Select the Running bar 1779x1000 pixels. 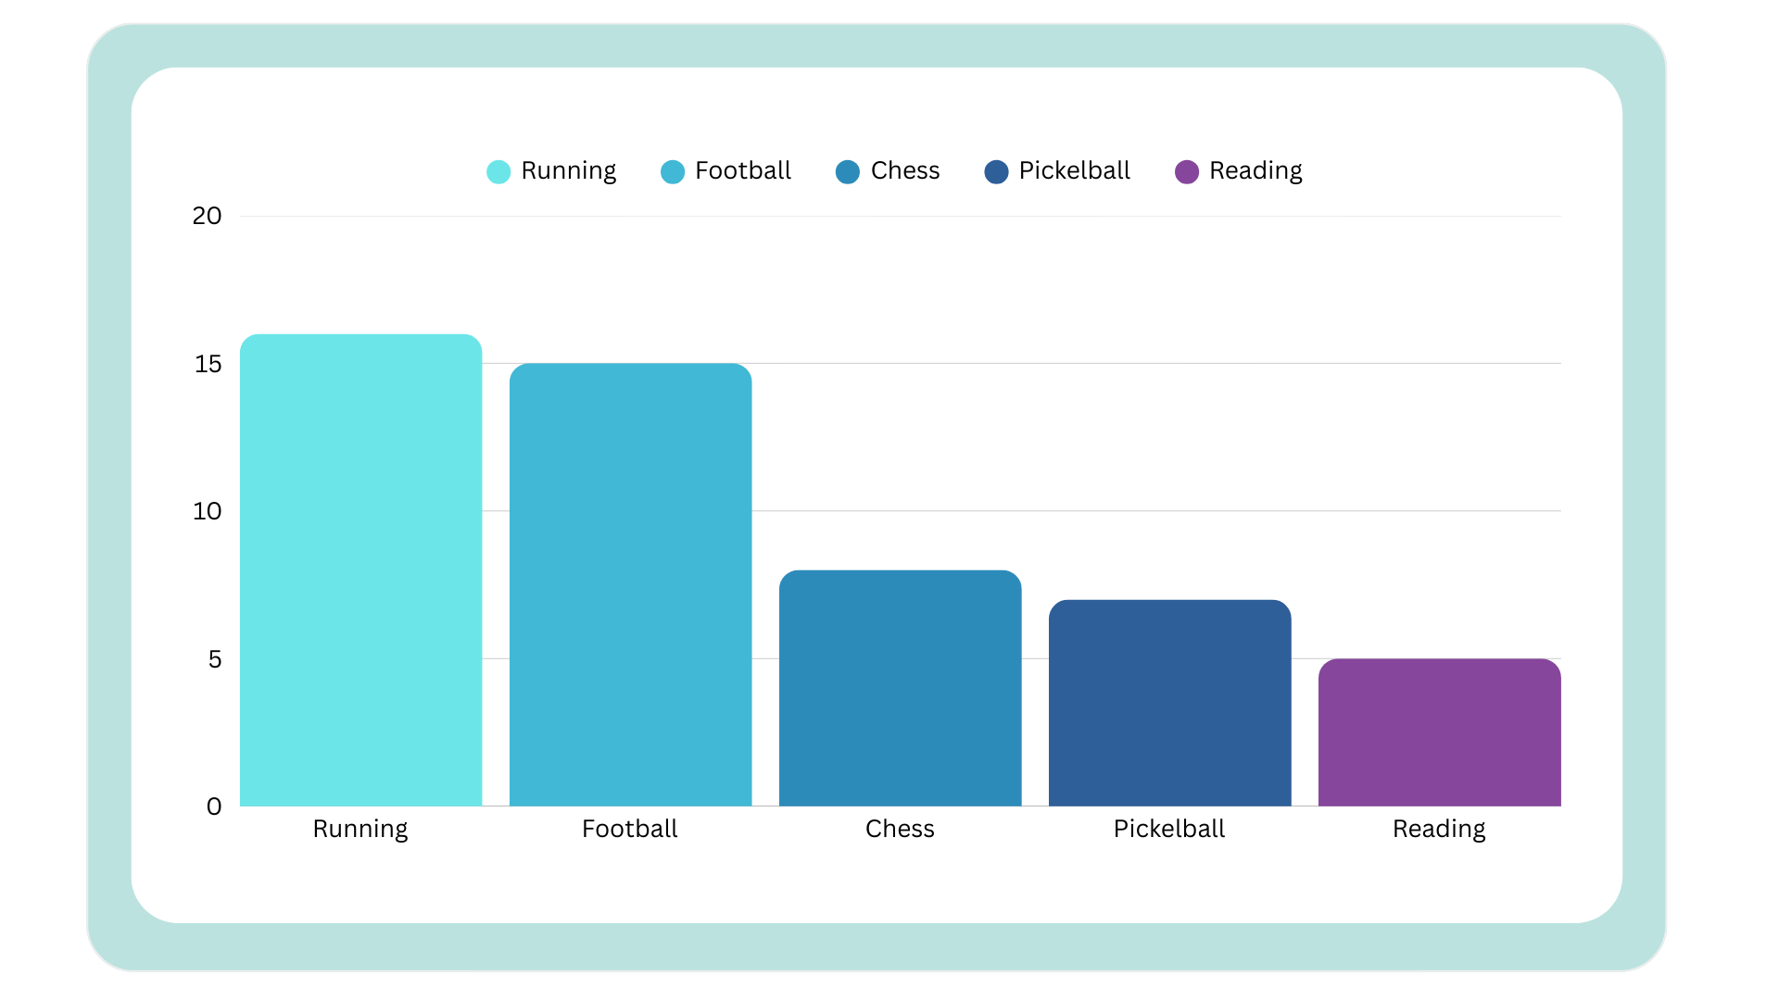(360, 569)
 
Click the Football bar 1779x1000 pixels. (630, 584)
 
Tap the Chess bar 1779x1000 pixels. (900, 688)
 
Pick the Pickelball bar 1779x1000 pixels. (1169, 703)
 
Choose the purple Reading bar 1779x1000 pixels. (1439, 732)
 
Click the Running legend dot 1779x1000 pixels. (498, 172)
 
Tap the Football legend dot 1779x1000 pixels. (673, 172)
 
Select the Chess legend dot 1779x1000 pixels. (848, 172)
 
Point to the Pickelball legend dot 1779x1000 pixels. (996, 172)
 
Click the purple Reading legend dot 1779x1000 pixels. (1187, 172)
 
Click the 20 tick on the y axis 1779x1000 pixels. (207, 217)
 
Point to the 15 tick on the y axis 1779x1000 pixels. (208, 364)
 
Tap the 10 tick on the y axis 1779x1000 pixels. (207, 511)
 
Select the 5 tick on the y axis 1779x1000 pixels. (215, 659)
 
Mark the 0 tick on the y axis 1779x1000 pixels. (214, 806)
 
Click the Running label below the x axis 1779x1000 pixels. (360, 829)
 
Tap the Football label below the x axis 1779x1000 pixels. (630, 829)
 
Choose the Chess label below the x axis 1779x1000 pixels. (900, 829)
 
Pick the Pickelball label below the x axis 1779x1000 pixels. (1169, 829)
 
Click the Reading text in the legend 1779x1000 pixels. (1255, 171)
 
